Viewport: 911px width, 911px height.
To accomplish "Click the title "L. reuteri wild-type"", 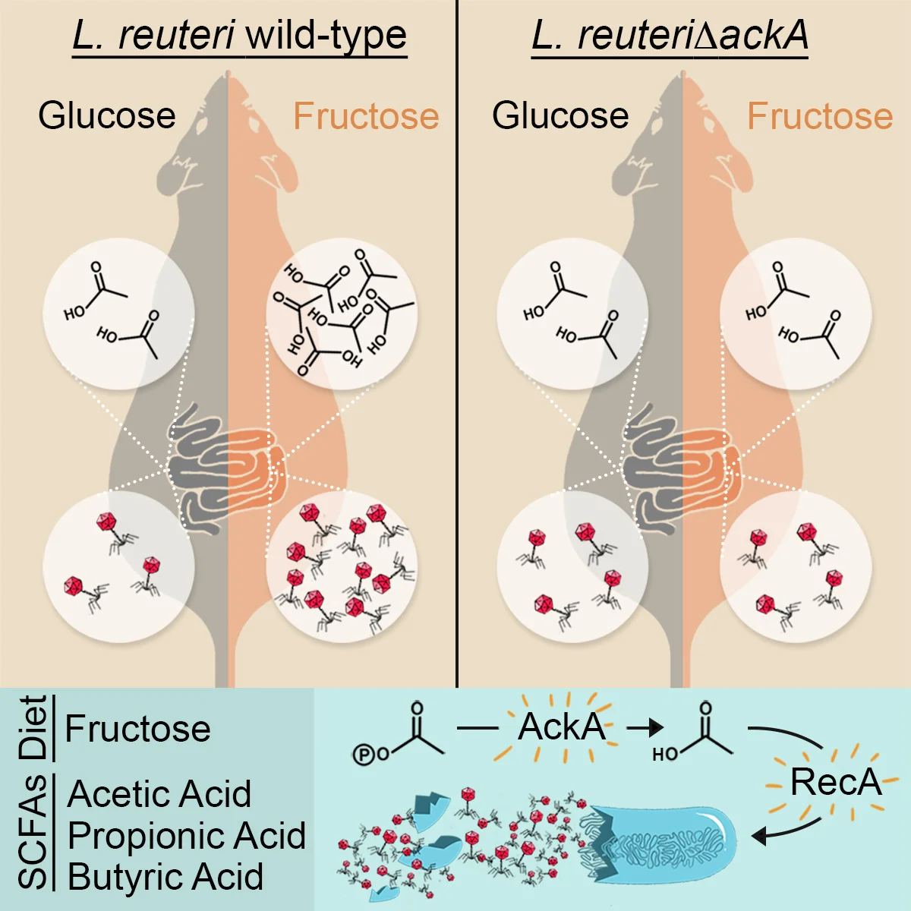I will pyautogui.click(x=240, y=36).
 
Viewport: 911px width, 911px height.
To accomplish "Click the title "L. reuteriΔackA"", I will pyautogui.click(x=670, y=36).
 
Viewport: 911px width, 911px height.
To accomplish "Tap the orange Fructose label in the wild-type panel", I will pyautogui.click(x=366, y=116).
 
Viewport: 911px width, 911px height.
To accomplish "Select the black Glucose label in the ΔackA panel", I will pyautogui.click(x=560, y=115).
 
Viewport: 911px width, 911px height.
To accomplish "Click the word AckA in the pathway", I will pyautogui.click(x=561, y=727).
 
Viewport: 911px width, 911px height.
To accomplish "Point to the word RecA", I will pyautogui.click(x=835, y=782).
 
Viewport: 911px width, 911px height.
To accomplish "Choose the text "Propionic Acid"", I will pyautogui.click(x=186, y=836).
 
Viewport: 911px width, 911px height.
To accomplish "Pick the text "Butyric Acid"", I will pyautogui.click(x=165, y=877).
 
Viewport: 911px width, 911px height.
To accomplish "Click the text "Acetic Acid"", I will pyautogui.click(x=159, y=794).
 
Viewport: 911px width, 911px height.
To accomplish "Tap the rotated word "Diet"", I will pyautogui.click(x=34, y=727).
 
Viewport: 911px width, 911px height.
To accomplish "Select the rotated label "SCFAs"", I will pyautogui.click(x=34, y=832).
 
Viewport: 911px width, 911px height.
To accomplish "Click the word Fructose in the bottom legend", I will pyautogui.click(x=137, y=729).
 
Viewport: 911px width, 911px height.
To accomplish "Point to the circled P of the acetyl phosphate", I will pyautogui.click(x=364, y=755).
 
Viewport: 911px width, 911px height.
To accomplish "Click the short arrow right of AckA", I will pyautogui.click(x=645, y=729).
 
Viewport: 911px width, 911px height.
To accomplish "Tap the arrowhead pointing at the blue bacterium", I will pyautogui.click(x=759, y=837).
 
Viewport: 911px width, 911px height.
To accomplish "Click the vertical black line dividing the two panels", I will pyautogui.click(x=457, y=342).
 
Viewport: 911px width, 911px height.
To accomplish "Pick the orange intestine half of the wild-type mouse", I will pyautogui.click(x=254, y=467).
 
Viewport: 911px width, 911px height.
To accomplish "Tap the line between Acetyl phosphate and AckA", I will pyautogui.click(x=478, y=729).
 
